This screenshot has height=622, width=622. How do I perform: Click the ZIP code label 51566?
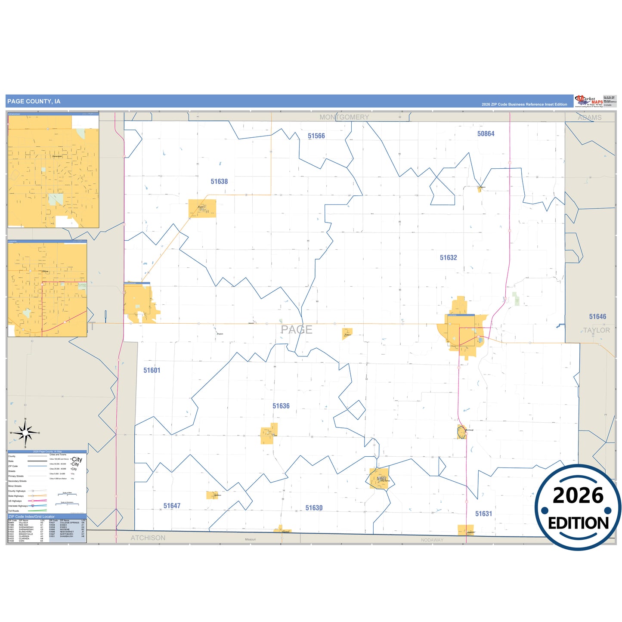tap(316, 136)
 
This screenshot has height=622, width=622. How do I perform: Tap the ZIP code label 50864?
tap(486, 134)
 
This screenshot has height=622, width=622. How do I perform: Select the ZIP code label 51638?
tap(219, 182)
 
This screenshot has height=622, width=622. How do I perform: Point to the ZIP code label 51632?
tap(448, 258)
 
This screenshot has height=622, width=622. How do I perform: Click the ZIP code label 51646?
tap(597, 317)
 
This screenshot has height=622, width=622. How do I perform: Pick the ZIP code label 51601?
tap(152, 370)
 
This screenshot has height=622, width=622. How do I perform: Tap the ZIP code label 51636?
tap(281, 406)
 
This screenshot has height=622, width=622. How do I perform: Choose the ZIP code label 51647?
tap(172, 506)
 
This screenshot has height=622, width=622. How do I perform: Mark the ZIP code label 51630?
tap(314, 508)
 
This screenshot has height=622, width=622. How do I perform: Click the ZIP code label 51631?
tap(483, 514)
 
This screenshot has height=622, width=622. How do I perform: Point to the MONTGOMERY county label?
tap(344, 117)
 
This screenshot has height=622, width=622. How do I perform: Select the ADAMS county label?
tap(589, 118)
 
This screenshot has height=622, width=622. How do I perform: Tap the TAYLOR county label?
tap(596, 330)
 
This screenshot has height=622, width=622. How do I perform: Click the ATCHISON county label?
tap(148, 538)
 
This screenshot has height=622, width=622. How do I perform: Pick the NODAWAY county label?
tap(432, 540)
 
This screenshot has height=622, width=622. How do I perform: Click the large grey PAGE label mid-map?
tap(297, 330)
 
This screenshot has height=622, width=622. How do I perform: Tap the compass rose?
tap(25, 433)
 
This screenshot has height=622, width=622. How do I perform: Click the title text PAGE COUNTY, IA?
tap(34, 102)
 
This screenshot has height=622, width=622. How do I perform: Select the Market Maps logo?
tap(588, 101)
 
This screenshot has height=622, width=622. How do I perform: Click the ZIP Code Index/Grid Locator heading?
tap(31, 517)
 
